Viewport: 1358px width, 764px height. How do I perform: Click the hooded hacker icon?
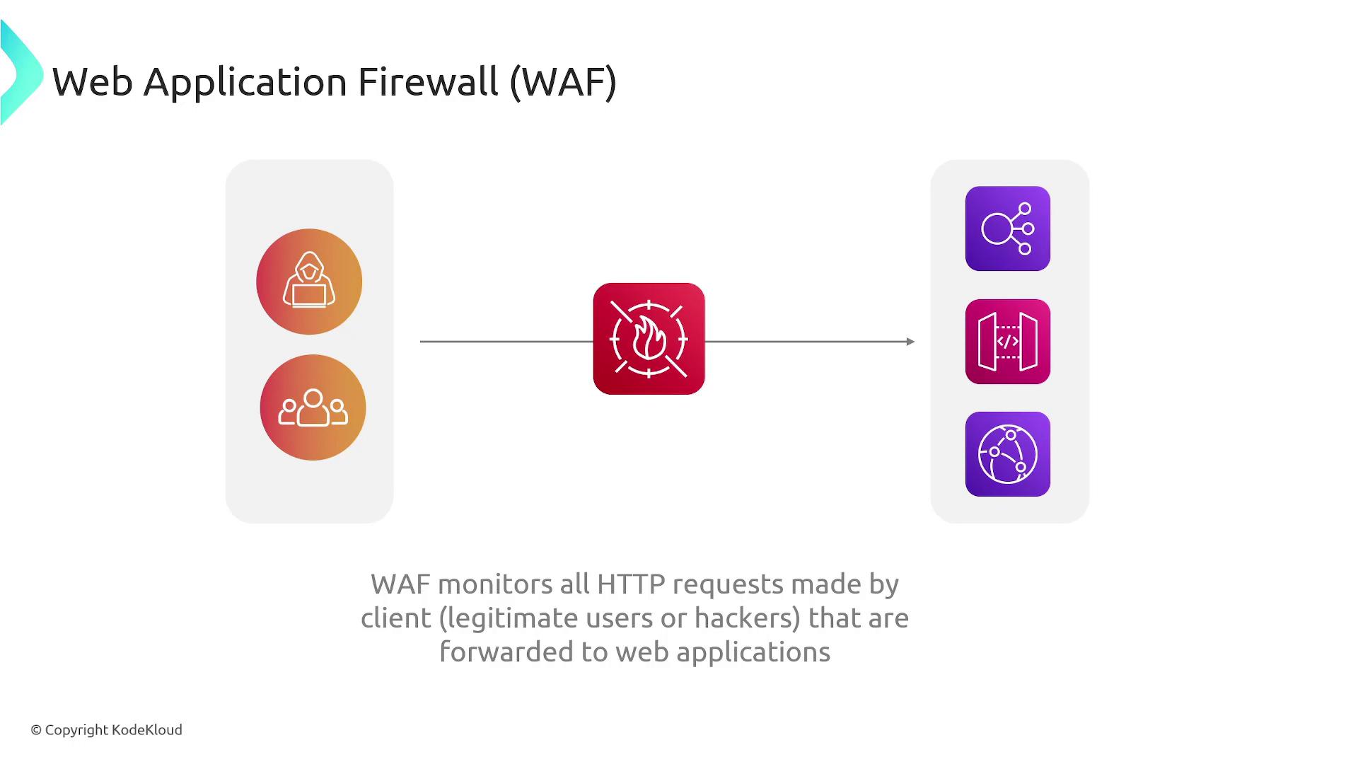pyautogui.click(x=309, y=282)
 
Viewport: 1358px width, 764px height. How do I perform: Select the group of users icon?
pyautogui.click(x=313, y=407)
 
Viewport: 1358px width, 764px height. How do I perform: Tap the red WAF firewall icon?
pyautogui.click(x=649, y=339)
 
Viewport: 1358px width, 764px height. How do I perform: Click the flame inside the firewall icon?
pyautogui.click(x=649, y=338)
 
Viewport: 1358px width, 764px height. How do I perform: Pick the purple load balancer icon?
pyautogui.click(x=1007, y=228)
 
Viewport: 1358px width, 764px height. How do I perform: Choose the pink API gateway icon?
pyautogui.click(x=1007, y=342)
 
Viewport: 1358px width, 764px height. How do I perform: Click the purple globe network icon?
pyautogui.click(x=1007, y=454)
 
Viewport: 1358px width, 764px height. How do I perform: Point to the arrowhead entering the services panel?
pyautogui.click(x=910, y=342)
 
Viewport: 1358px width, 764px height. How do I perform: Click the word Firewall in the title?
pyautogui.click(x=428, y=82)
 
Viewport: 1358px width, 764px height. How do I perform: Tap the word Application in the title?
pyautogui.click(x=245, y=82)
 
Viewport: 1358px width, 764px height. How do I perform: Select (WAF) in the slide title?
pyautogui.click(x=563, y=82)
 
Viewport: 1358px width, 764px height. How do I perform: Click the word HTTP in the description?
pyautogui.click(x=631, y=584)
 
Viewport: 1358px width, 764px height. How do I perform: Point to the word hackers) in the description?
pyautogui.click(x=747, y=618)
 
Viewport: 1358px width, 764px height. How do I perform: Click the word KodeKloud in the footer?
pyautogui.click(x=147, y=730)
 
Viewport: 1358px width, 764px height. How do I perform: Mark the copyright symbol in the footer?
pyautogui.click(x=36, y=730)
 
